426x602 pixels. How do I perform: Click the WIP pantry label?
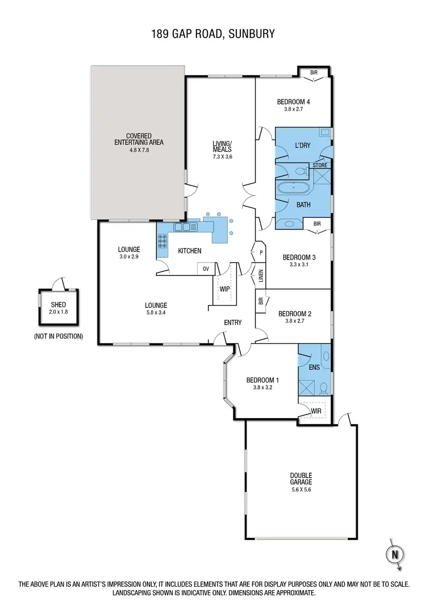pos(224,289)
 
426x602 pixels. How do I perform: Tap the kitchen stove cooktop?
pos(162,243)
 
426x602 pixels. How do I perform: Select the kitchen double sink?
pos(185,227)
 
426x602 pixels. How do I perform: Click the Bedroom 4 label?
pos(293,102)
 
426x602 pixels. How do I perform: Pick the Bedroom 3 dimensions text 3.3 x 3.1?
pos(299,264)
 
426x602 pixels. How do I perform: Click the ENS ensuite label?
pos(314,367)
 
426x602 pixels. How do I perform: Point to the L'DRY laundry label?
pos(302,146)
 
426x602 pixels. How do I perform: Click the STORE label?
pos(320,165)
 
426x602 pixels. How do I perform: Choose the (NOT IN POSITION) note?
pos(59,336)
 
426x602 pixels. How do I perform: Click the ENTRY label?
pos(233,323)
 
